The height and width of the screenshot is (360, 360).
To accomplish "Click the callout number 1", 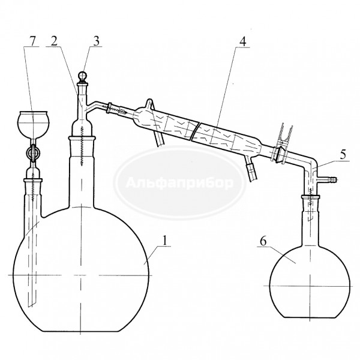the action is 164,241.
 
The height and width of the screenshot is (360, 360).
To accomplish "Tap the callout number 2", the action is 54,41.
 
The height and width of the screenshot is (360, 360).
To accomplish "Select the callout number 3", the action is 96,41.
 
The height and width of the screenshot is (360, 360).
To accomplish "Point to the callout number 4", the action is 242,41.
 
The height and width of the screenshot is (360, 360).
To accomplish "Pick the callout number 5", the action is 343,155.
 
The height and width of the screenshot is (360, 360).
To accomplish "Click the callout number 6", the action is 263,241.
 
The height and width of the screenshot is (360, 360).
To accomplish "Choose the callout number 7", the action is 32,41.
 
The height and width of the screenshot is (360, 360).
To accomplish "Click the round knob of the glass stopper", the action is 83,76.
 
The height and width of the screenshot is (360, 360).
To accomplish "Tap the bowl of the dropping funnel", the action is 34,125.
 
